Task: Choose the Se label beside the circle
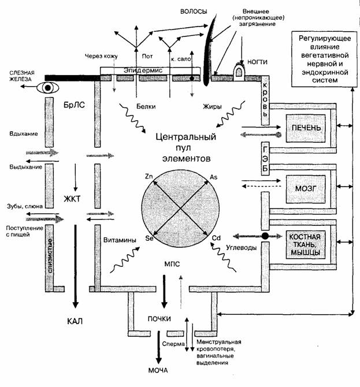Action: pyautogui.click(x=149, y=238)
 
